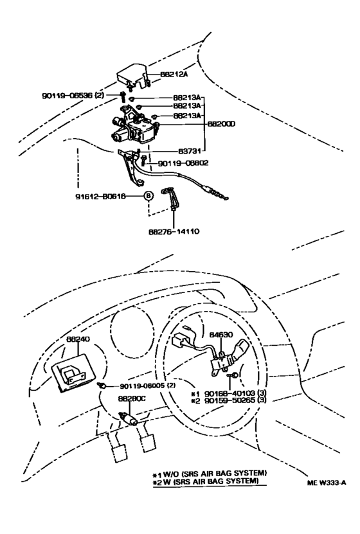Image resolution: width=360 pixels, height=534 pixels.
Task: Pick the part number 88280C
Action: (x=132, y=398)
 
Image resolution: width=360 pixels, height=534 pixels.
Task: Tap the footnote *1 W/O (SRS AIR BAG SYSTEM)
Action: (x=209, y=473)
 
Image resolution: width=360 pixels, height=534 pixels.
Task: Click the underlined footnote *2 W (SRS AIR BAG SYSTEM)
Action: (x=209, y=481)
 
